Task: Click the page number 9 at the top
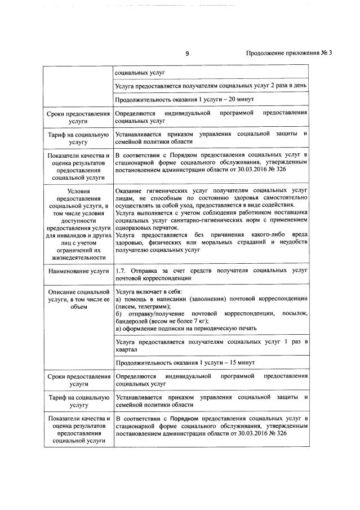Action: click(x=187, y=54)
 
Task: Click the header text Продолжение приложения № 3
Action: click(x=290, y=54)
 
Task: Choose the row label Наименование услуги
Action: click(x=79, y=272)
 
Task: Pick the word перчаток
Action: click(x=164, y=228)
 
